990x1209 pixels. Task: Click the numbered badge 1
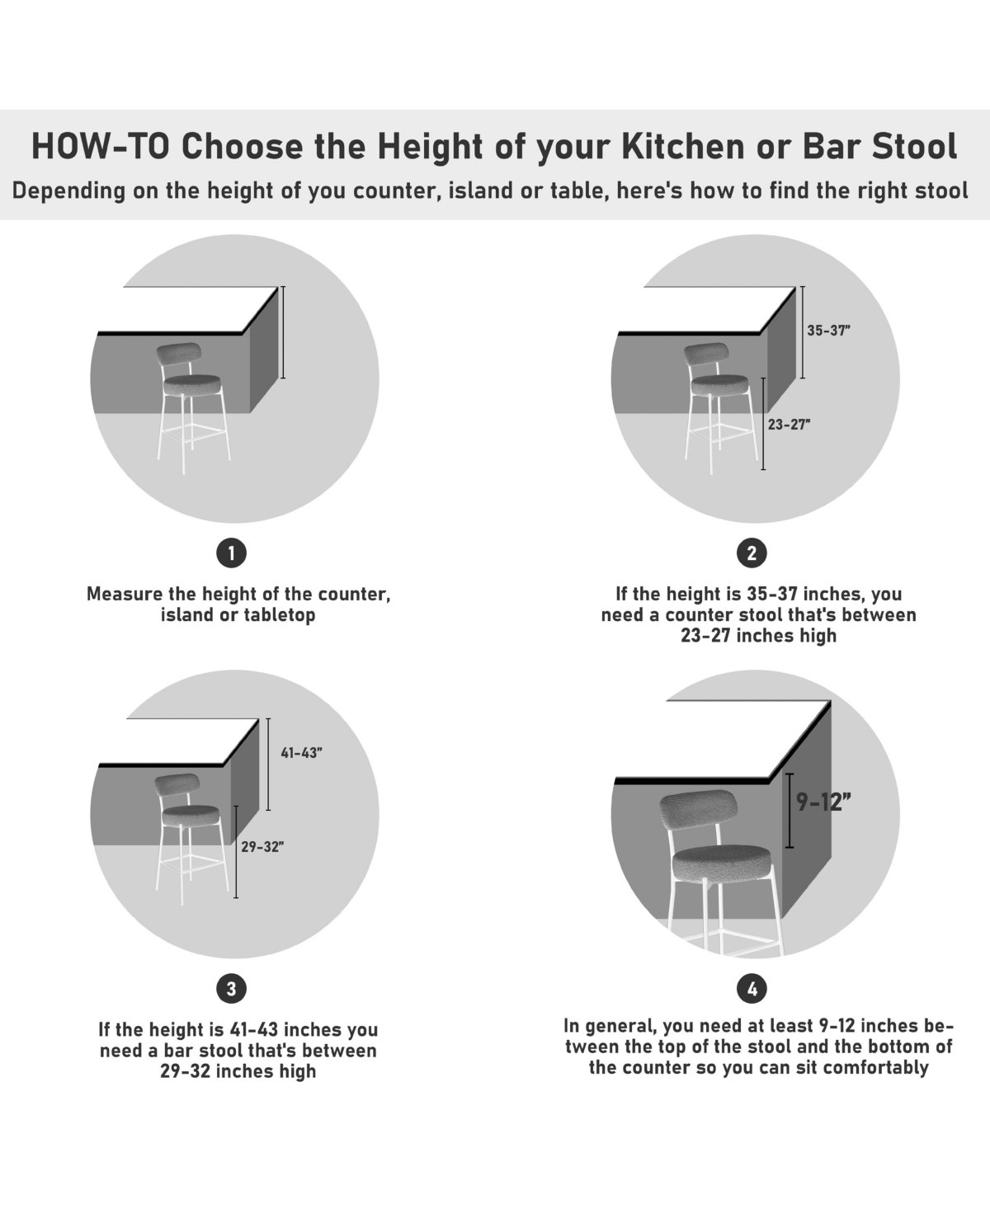(231, 553)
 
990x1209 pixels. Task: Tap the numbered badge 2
(752, 553)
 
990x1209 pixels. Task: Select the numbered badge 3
(231, 989)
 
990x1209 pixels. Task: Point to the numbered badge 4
(752, 989)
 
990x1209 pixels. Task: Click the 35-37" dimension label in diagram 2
(828, 330)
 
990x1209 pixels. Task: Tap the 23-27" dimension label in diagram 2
(790, 425)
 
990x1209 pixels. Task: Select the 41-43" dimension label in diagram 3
(301, 753)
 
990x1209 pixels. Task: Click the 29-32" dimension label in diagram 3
(262, 847)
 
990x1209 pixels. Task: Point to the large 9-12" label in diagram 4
(823, 802)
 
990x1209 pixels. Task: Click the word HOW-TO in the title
(101, 146)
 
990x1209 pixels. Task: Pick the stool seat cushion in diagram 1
(191, 385)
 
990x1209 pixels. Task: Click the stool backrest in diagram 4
(698, 810)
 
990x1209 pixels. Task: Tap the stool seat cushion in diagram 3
(190, 816)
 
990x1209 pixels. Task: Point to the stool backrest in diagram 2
(705, 354)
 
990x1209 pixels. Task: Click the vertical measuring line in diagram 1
(282, 332)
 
